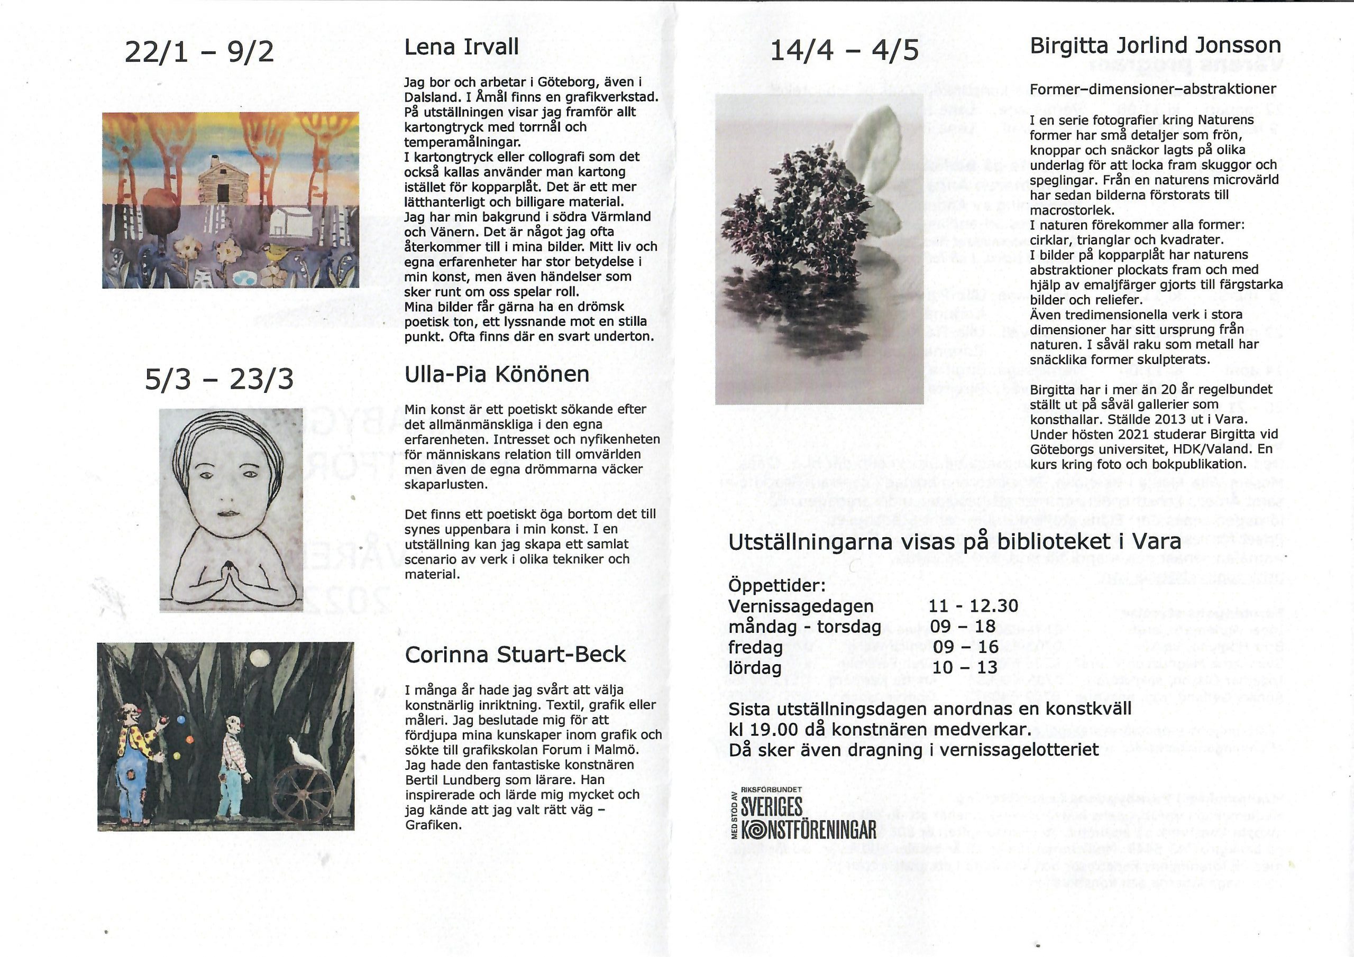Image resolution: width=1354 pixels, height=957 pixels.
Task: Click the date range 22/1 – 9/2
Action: [199, 52]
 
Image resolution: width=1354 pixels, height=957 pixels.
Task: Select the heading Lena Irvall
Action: [461, 47]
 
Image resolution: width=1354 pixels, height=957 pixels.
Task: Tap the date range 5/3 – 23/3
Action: [219, 379]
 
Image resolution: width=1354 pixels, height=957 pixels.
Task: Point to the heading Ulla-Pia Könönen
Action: [497, 374]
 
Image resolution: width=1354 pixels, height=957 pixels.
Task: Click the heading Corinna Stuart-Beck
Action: [515, 655]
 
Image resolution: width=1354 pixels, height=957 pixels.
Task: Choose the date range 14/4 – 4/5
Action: [845, 50]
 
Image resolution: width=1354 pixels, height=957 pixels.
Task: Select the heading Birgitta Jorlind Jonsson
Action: [1155, 46]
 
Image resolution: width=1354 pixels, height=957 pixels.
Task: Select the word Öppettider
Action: [776, 585]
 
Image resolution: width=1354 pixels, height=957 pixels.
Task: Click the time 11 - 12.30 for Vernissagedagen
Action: [973, 605]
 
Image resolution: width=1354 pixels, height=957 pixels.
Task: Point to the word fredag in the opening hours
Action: [755, 647]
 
